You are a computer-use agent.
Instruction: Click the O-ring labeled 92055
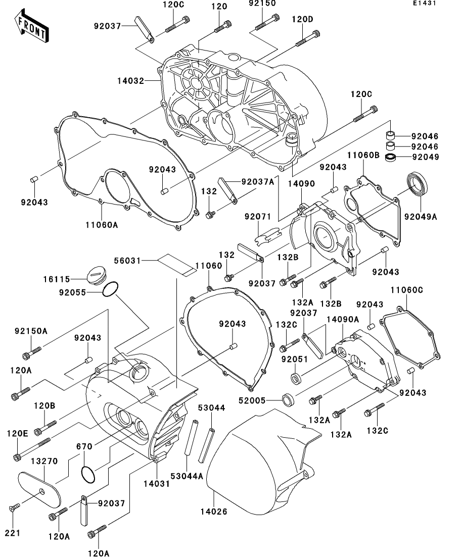click(x=111, y=290)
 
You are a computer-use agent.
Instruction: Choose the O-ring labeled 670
click(x=88, y=474)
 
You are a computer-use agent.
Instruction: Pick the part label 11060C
click(x=407, y=290)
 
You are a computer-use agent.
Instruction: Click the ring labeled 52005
click(x=289, y=400)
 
